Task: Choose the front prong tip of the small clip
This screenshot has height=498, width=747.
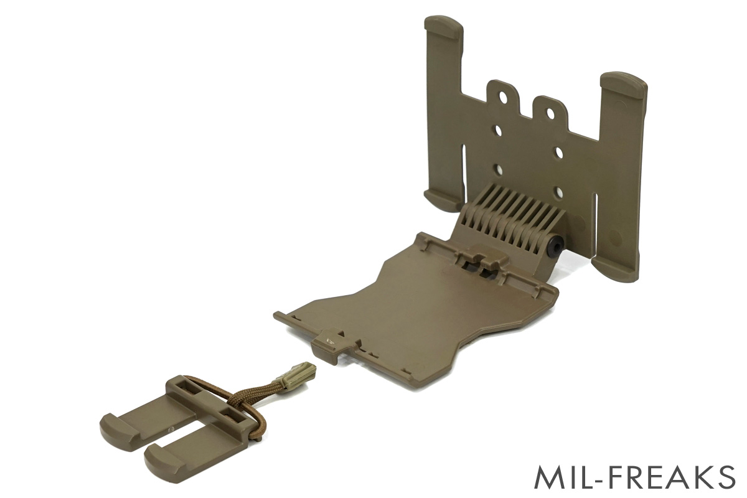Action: (x=159, y=461)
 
